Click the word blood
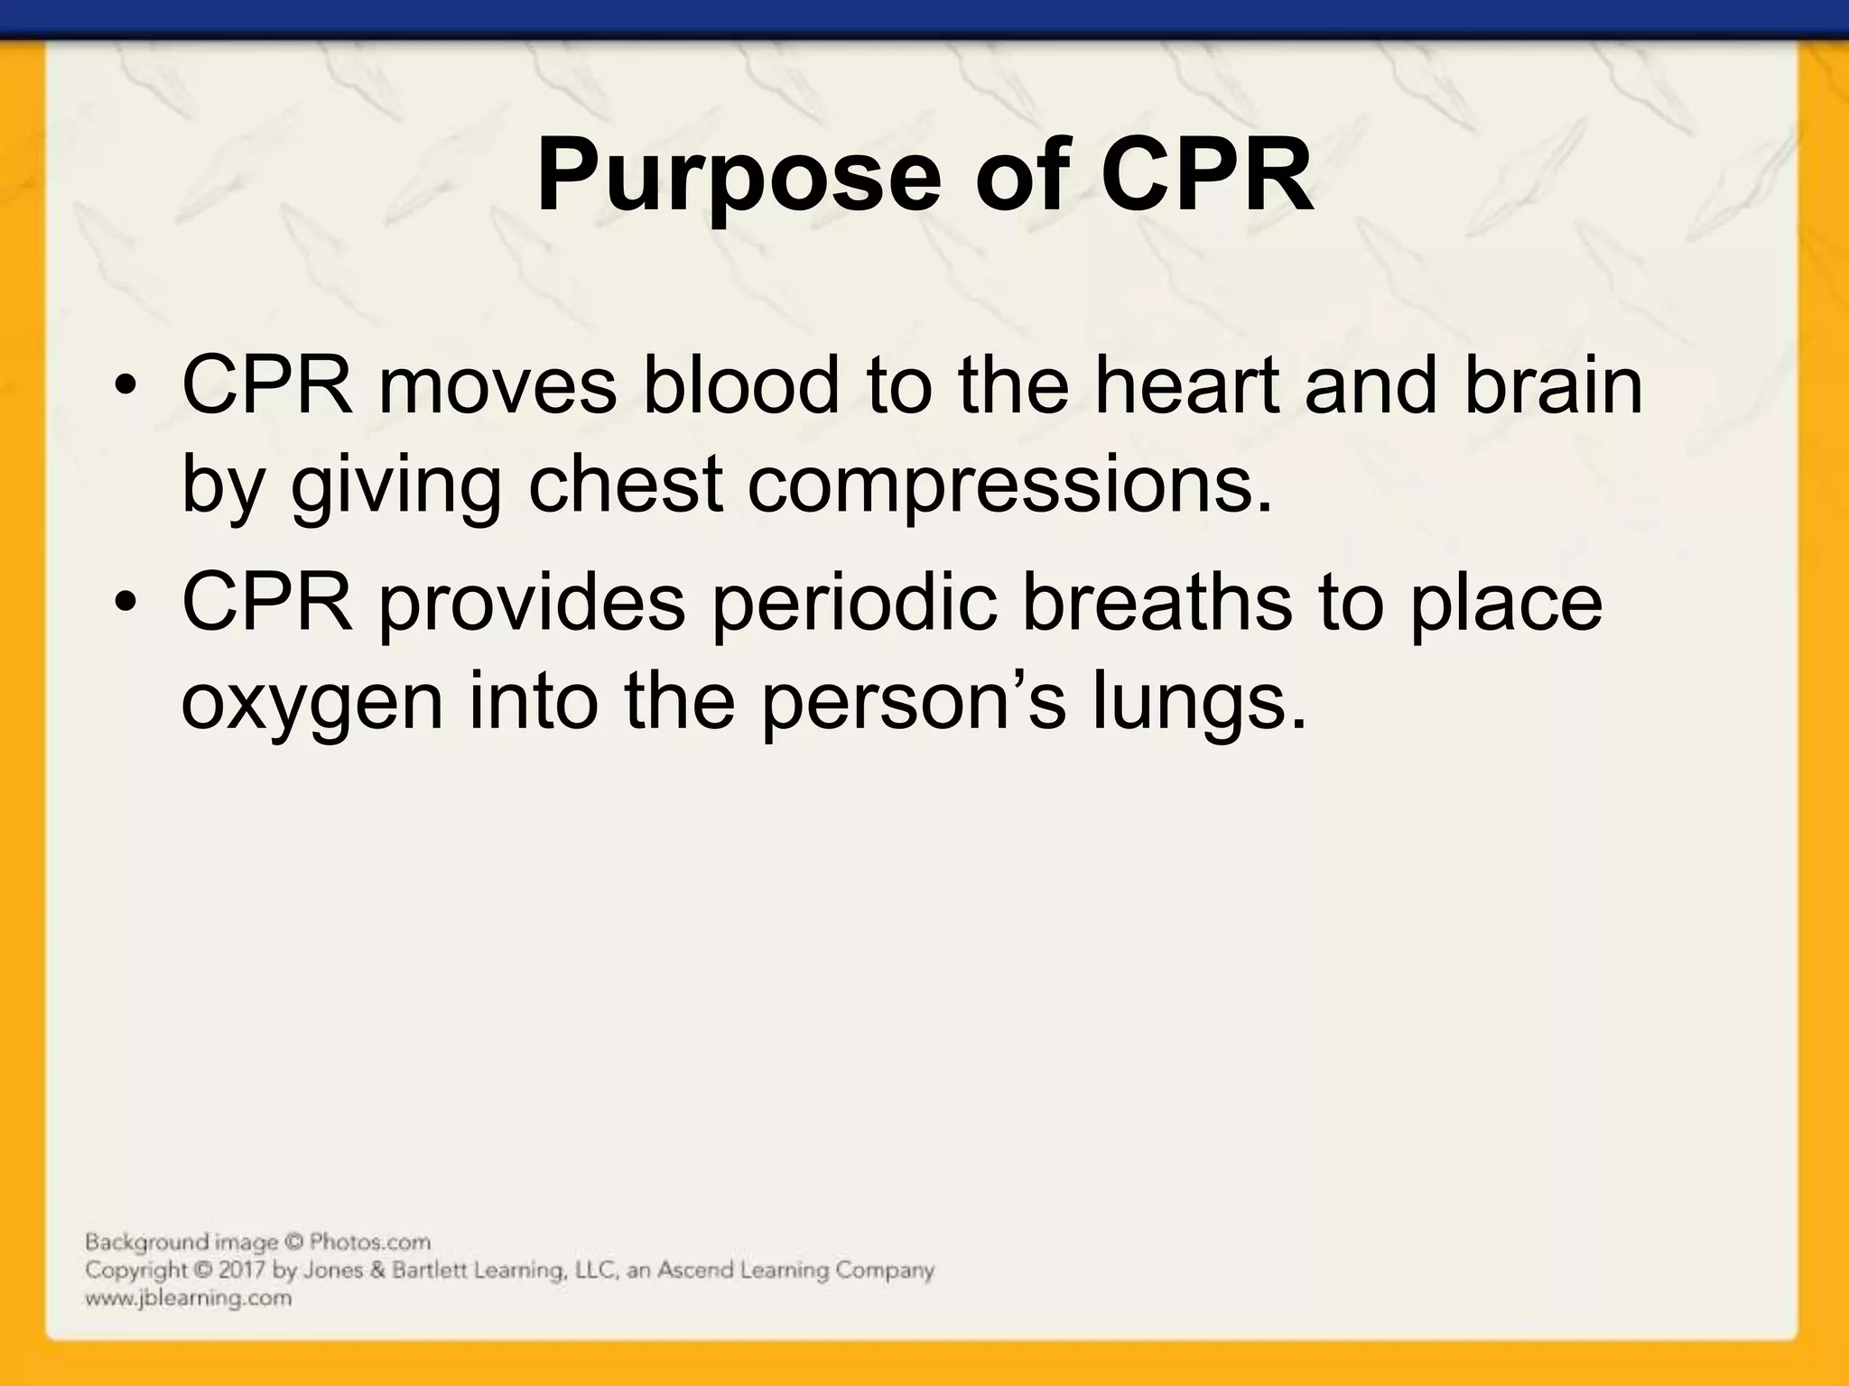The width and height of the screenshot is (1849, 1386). click(x=739, y=386)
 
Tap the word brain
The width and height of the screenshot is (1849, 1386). click(x=1553, y=386)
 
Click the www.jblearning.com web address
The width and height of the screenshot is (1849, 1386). click(x=189, y=1298)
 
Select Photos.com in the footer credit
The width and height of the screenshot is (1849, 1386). click(x=370, y=1243)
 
